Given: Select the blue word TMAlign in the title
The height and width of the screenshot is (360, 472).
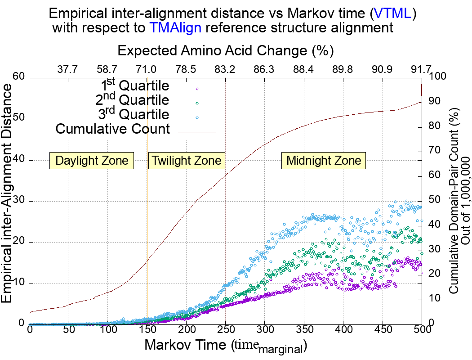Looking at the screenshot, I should pos(175,28).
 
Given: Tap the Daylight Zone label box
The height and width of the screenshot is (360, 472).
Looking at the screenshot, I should pos(92,161).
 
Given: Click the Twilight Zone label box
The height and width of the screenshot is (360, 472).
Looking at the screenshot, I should pos(187,161).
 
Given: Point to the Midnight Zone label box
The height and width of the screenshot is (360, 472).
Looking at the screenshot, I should pos(324,161).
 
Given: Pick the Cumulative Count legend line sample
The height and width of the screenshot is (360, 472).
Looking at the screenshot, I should pos(197,132).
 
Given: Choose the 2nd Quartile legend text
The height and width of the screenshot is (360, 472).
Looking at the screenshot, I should pos(133,100).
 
